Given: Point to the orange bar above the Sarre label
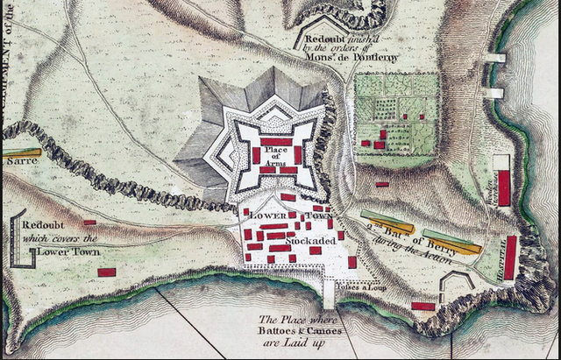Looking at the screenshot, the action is click(x=20, y=152).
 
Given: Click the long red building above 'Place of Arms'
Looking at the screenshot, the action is click(x=276, y=141).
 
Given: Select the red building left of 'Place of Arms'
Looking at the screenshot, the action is click(x=256, y=155).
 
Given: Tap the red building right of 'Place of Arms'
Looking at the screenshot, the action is click(x=298, y=155).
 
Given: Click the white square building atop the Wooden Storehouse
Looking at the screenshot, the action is click(x=501, y=163).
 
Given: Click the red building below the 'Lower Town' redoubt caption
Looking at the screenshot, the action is click(x=107, y=272).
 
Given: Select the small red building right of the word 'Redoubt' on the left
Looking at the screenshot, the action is click(x=89, y=222).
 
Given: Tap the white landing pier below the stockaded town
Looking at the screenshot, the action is click(x=329, y=295).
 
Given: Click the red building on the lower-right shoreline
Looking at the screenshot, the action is click(x=423, y=306).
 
